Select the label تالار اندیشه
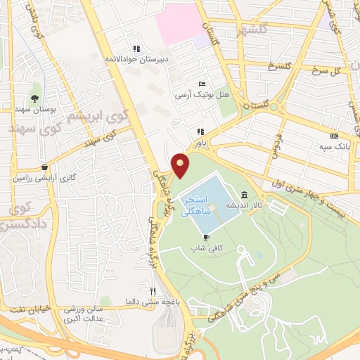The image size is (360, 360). pyautogui.click(x=239, y=205)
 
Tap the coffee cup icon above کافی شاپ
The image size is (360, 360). pyautogui.click(x=205, y=238)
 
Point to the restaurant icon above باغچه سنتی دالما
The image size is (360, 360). pyautogui.click(x=153, y=290)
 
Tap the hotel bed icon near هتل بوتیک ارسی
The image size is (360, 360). pyautogui.click(x=202, y=84)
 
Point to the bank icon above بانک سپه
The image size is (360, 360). pyautogui.click(x=334, y=136)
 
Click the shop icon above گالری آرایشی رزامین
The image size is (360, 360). pyautogui.click(x=45, y=167)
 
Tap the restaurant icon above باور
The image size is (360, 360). pyautogui.click(x=200, y=131)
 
